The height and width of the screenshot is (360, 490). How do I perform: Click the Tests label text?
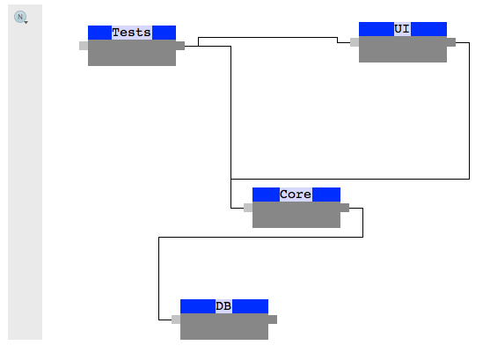click(131, 33)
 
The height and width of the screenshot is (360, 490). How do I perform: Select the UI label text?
click(402, 29)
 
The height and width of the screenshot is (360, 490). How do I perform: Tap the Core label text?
click(296, 195)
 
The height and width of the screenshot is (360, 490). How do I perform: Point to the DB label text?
click(223, 306)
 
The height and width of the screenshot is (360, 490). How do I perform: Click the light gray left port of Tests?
click(84, 46)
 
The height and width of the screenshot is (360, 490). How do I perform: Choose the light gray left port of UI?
click(355, 42)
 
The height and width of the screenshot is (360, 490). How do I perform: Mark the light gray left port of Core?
click(248, 208)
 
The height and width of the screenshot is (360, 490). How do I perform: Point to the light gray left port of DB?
click(176, 320)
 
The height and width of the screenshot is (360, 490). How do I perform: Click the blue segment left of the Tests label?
click(99, 33)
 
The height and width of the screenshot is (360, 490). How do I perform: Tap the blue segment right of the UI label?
click(428, 29)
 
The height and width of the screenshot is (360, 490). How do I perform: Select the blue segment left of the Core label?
click(266, 195)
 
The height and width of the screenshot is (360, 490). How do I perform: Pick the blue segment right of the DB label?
click(251, 306)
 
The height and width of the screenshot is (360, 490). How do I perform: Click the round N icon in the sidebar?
click(21, 17)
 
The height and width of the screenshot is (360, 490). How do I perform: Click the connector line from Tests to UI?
click(264, 38)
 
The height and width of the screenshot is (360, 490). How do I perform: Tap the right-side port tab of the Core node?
click(345, 208)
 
